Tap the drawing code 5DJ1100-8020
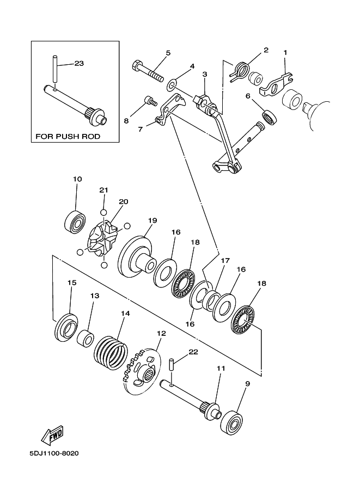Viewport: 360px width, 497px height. coord(54,453)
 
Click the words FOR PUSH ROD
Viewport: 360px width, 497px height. coord(68,136)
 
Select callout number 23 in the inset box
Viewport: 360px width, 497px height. coord(79,63)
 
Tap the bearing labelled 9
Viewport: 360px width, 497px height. coord(232,422)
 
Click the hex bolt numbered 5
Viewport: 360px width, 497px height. coord(148,70)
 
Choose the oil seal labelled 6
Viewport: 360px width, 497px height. coord(269,117)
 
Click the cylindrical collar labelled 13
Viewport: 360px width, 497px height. coord(86,338)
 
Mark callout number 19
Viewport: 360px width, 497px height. coord(152,220)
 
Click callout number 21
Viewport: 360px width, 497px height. coord(103,190)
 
